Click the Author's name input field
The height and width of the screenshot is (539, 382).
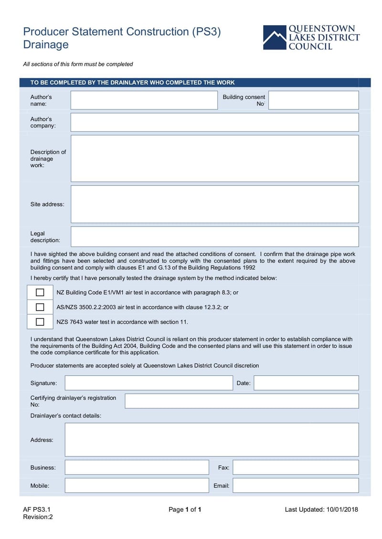(144, 100)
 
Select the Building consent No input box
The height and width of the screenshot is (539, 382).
(314, 100)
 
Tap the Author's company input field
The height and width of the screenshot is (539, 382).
(214, 122)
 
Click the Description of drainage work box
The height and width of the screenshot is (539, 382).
(214, 158)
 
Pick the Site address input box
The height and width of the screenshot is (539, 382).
(214, 204)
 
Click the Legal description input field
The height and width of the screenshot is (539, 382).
(214, 237)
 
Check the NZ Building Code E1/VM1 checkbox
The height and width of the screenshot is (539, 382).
(40, 292)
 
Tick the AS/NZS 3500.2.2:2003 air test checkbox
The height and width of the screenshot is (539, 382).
(40, 307)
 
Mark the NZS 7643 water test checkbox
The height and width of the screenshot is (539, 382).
(40, 322)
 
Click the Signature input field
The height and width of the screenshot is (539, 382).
(149, 383)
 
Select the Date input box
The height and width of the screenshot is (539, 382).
(306, 383)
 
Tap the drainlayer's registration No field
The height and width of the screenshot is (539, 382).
(242, 401)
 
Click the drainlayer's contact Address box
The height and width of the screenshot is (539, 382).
(212, 440)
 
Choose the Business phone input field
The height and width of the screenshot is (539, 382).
(137, 467)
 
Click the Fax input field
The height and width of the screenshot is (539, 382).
(296, 467)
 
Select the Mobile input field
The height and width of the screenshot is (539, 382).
(137, 486)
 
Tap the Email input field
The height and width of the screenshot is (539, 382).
(296, 486)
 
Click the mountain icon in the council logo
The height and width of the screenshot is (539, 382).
(274, 38)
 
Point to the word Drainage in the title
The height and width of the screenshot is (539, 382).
(46, 45)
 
